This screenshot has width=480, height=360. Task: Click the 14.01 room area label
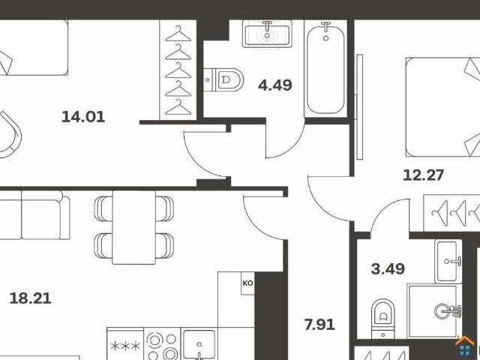(83, 117)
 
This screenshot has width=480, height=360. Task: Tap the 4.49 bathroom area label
(275, 85)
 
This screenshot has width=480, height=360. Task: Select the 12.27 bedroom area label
(423, 175)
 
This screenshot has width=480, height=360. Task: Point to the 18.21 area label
(30, 298)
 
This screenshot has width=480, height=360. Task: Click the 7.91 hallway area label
(319, 325)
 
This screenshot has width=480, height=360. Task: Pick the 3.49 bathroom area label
(388, 268)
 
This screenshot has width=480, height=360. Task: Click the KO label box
(247, 283)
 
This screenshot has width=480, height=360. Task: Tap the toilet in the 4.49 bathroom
(223, 80)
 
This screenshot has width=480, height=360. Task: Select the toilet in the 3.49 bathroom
(383, 319)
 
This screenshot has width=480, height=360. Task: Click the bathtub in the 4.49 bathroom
(325, 68)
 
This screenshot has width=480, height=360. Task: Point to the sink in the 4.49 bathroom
(267, 34)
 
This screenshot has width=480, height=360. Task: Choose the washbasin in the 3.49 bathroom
(448, 261)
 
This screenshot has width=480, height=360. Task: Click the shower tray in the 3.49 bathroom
(434, 311)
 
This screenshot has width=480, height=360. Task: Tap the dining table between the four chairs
(133, 227)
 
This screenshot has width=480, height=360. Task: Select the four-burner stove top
(162, 343)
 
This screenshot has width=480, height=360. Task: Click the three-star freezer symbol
(125, 346)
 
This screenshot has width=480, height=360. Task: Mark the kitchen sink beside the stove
(199, 344)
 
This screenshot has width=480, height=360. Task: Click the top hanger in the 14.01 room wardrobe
(178, 34)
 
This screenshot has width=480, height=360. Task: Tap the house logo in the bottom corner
(465, 346)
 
